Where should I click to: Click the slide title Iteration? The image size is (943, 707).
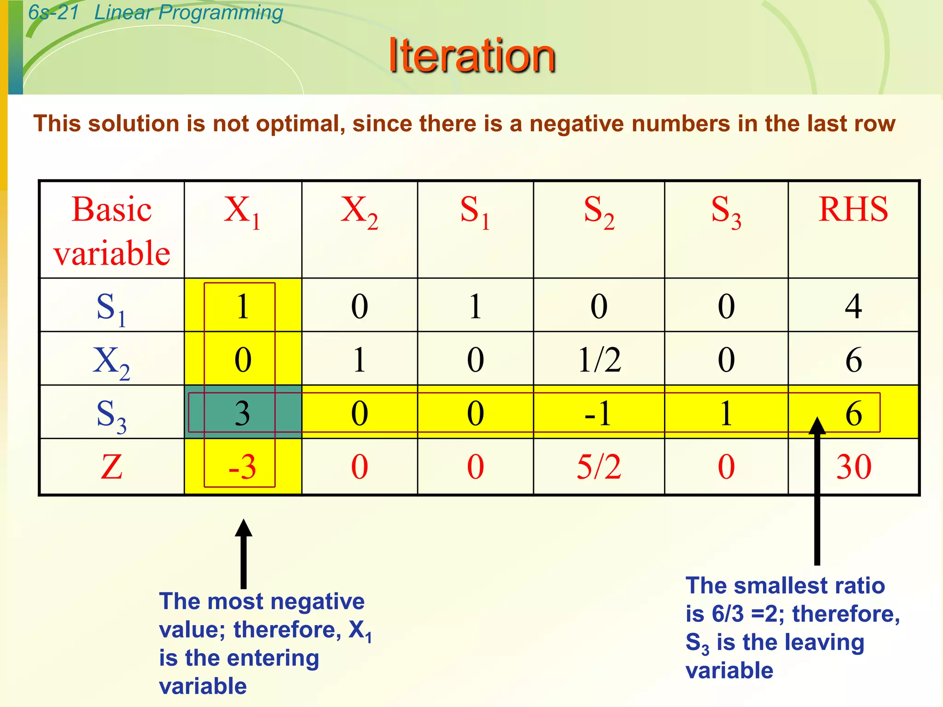(x=472, y=56)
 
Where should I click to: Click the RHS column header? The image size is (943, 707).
(x=853, y=209)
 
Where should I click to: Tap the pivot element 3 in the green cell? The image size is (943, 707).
(x=243, y=413)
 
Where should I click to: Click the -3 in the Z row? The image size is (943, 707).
(x=242, y=467)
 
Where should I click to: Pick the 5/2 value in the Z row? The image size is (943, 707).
(x=599, y=467)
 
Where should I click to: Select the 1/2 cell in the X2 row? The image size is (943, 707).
(x=599, y=359)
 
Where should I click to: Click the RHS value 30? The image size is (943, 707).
(x=854, y=467)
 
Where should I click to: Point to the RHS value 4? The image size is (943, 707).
(x=853, y=306)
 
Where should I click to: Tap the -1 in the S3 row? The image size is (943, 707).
(x=598, y=413)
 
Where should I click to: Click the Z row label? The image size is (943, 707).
(x=112, y=467)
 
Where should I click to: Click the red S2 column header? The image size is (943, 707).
(x=599, y=211)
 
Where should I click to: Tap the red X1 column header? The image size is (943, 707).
(x=242, y=211)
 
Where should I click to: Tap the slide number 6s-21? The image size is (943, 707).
(x=53, y=12)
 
